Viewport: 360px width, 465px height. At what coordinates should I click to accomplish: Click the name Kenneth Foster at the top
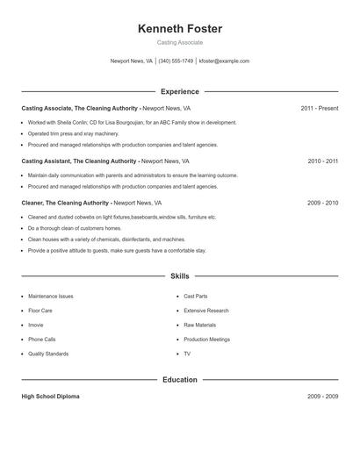pyautogui.click(x=180, y=29)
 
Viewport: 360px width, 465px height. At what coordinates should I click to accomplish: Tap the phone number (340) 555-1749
pyautogui.click(x=176, y=61)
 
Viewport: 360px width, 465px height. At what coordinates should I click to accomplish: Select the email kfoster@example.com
pyautogui.click(x=224, y=61)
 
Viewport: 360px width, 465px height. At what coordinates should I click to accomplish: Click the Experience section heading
pyautogui.click(x=180, y=91)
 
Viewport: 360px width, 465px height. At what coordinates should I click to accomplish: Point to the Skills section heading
pyautogui.click(x=180, y=276)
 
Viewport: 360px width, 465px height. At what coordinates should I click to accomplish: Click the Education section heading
pyautogui.click(x=180, y=380)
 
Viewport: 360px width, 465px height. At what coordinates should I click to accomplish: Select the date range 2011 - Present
pyautogui.click(x=319, y=108)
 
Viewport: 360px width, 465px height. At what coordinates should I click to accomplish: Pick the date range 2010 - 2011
pyautogui.click(x=322, y=161)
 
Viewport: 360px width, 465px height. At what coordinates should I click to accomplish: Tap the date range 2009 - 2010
pyautogui.click(x=322, y=203)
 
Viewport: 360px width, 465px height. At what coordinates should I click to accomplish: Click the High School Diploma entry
pyautogui.click(x=50, y=397)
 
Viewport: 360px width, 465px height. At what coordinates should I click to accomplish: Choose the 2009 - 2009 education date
pyautogui.click(x=322, y=397)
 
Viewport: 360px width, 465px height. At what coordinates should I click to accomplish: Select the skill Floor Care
pyautogui.click(x=40, y=311)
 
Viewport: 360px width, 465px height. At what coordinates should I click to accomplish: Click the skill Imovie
pyautogui.click(x=36, y=325)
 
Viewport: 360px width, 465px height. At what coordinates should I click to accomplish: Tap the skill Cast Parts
pyautogui.click(x=196, y=297)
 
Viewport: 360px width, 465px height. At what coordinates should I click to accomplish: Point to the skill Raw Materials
pyautogui.click(x=200, y=325)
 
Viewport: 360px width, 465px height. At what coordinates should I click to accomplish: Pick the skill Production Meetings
pyautogui.click(x=207, y=339)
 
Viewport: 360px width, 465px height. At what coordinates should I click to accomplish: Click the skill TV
pyautogui.click(x=187, y=354)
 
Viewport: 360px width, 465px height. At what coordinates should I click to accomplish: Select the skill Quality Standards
pyautogui.click(x=48, y=354)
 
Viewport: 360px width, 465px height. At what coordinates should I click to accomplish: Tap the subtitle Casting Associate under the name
pyautogui.click(x=180, y=42)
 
